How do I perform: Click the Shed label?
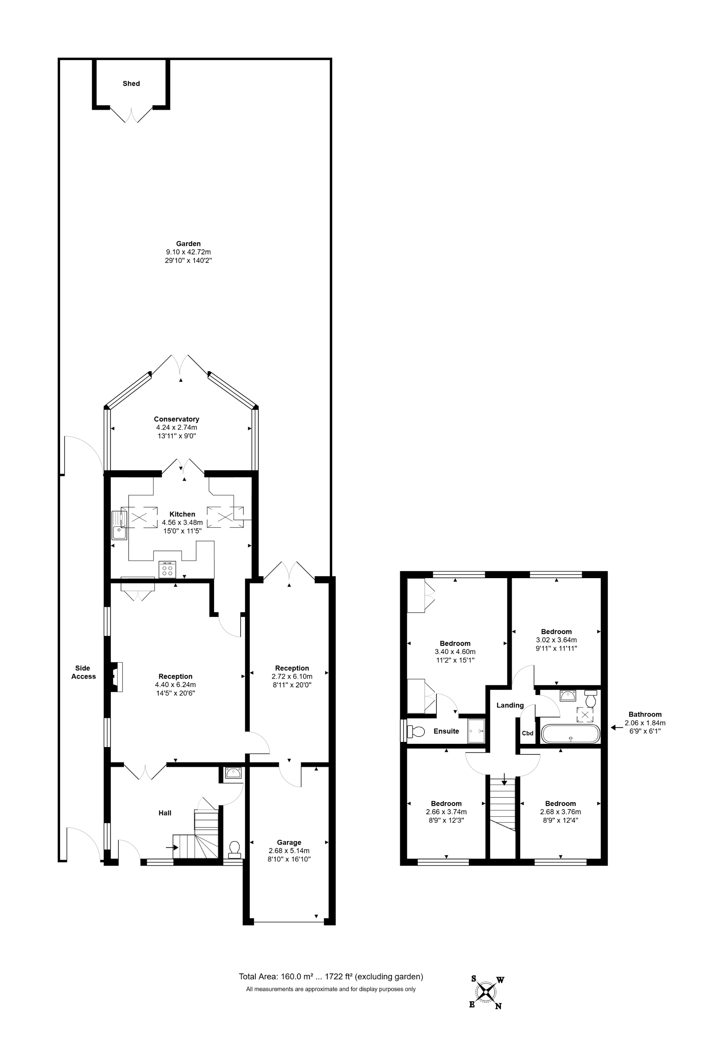tap(131, 84)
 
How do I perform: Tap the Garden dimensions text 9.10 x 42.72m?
tap(188, 252)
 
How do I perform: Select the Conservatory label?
tap(176, 419)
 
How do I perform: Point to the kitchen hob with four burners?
tap(167, 569)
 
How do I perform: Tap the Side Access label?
tap(83, 672)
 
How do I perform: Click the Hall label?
tap(165, 812)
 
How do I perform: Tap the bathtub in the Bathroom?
tap(570, 734)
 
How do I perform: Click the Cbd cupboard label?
tap(528, 733)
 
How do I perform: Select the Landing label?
tap(510, 705)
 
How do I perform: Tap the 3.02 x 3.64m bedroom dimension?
tap(556, 640)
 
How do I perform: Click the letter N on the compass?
tap(498, 1006)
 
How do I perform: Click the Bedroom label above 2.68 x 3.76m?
tap(560, 803)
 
